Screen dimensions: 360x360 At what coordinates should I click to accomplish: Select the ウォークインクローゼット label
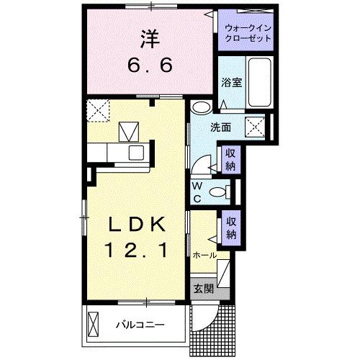coord(247,33)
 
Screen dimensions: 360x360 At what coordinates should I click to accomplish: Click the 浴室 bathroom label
coord(232,82)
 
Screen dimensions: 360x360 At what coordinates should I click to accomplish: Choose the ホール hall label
coord(204,255)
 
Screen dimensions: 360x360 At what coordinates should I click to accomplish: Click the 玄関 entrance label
coord(202,289)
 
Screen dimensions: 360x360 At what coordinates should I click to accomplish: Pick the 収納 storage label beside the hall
coord(231,228)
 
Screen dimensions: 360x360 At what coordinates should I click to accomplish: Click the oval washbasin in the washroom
coord(202,109)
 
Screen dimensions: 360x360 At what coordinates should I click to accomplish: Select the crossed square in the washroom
coord(256,127)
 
